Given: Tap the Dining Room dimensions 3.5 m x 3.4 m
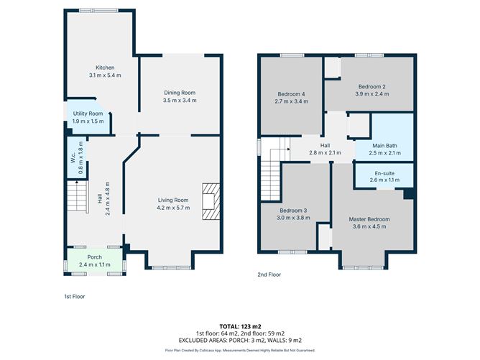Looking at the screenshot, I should coord(180,100).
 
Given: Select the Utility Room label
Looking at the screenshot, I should coord(88,114).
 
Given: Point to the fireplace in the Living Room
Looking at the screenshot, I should coord(210,200).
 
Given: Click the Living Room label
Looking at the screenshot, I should coord(172,200).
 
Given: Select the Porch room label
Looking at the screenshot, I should coord(95,257).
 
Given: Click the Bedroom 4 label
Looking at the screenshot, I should coord(292,94).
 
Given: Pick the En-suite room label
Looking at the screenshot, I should coord(384,174).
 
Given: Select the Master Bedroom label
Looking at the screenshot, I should coord(369,218).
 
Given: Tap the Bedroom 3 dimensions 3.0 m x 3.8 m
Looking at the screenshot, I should coord(292,217).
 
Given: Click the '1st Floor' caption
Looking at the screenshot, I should coord(75,295).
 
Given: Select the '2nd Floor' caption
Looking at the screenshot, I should coord(269,274).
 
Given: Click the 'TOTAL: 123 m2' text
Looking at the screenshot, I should coord(240,326).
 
